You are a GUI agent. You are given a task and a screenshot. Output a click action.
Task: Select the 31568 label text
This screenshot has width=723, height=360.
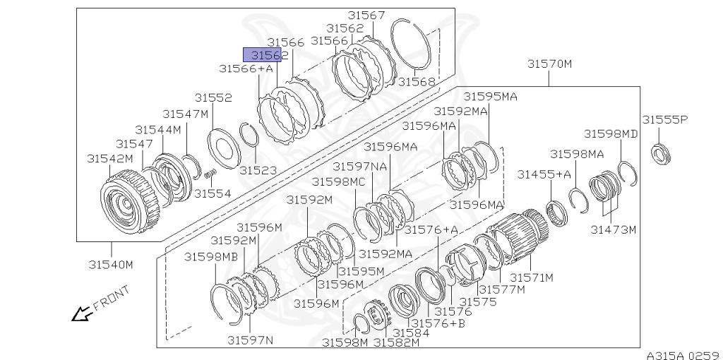pos(417,81)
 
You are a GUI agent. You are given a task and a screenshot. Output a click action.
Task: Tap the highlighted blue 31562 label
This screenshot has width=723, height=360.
pos(263,54)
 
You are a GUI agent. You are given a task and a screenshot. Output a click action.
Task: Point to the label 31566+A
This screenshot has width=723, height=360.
pos(245,68)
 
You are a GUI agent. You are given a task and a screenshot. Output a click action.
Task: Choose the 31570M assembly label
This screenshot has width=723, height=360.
pos(549,64)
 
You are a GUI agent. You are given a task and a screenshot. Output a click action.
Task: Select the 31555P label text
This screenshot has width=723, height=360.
pos(664,120)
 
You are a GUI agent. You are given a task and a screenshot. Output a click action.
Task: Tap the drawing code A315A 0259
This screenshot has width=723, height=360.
pos(682,354)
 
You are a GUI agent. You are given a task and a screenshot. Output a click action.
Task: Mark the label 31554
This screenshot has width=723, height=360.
pos(213,193)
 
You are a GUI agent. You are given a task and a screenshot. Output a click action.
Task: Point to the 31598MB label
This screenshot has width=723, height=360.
pos(211,257)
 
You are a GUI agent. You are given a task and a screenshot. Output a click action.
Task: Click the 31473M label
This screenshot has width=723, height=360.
pos(613,229)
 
